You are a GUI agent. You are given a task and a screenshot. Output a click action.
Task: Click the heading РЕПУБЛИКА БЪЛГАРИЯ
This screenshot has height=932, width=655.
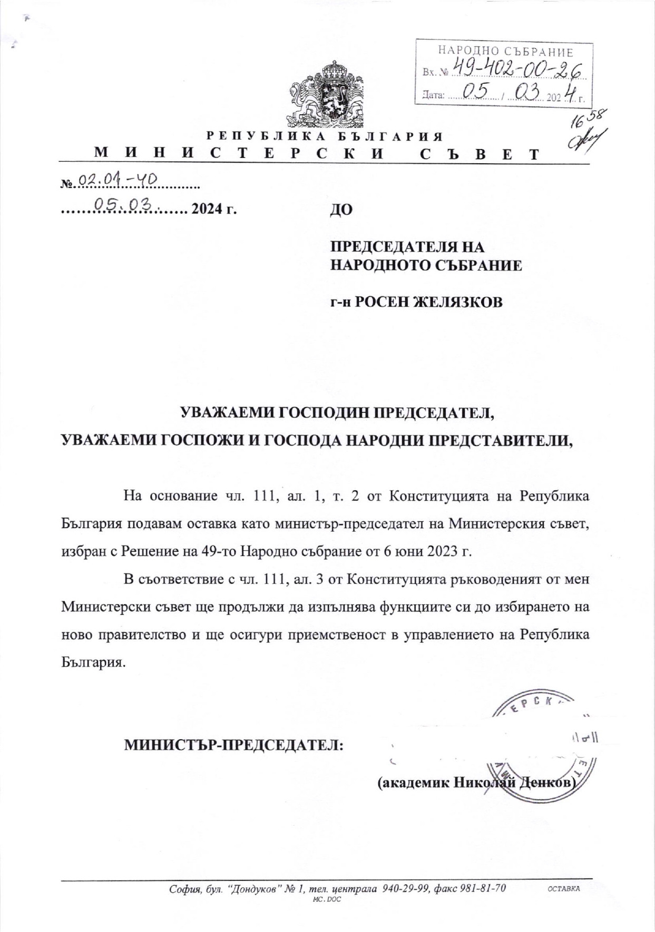click(324, 136)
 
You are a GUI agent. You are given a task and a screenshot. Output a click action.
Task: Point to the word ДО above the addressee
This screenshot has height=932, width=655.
click(341, 210)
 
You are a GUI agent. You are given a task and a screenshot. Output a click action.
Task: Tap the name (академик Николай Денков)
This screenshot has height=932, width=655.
click(477, 783)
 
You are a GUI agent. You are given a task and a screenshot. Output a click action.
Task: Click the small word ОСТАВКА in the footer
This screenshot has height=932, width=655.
click(564, 889)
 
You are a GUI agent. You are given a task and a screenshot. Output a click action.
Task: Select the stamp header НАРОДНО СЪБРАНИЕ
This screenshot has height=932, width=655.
click(505, 52)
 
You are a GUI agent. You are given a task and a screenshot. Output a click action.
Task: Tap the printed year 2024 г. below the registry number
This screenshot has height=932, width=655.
click(213, 210)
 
